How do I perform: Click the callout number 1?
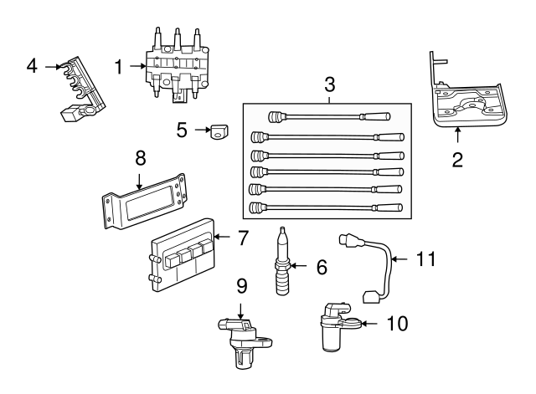(x=118, y=64)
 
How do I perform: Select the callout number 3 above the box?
(x=329, y=84)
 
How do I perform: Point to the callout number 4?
(x=31, y=64)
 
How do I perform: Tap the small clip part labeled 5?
(x=220, y=131)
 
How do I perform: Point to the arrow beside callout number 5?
(x=202, y=130)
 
